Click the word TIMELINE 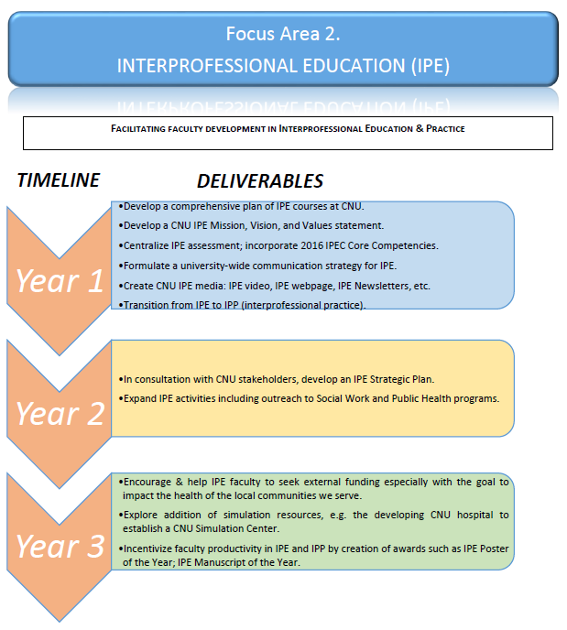click(59, 180)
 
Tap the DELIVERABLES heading click(260, 181)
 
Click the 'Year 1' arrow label click(60, 281)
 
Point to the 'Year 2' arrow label click(60, 414)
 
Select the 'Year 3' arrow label click(60, 546)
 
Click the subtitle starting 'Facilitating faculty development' click(287, 129)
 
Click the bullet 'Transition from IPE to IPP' click(244, 305)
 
